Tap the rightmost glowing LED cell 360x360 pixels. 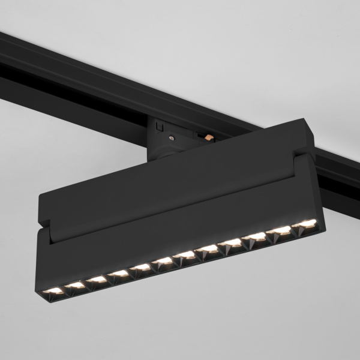click(x=305, y=224)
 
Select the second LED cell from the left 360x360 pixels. click(x=76, y=285)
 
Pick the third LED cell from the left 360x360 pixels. click(x=97, y=279)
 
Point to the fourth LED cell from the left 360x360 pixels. click(x=119, y=274)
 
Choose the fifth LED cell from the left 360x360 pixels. click(x=142, y=267)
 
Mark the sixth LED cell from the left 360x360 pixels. click(x=163, y=261)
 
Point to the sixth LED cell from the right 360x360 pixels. click(x=186, y=255)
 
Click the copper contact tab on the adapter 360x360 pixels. click(x=208, y=138)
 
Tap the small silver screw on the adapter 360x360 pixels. click(x=173, y=138)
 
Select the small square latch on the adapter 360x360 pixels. click(x=158, y=127)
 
